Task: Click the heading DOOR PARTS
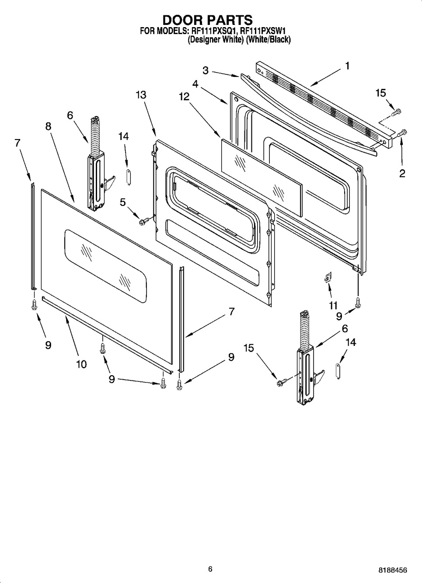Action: tap(207, 20)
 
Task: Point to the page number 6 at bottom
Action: tap(210, 569)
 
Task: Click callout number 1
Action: tap(347, 66)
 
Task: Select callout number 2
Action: tap(402, 173)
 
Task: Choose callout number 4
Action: tap(195, 84)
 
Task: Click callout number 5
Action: tap(123, 202)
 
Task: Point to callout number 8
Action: tap(48, 126)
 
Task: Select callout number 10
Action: tap(81, 364)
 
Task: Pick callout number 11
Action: tap(333, 305)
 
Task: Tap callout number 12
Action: tap(184, 96)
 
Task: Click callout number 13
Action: tap(141, 95)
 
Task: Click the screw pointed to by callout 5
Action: tap(143, 222)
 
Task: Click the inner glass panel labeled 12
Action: tap(261, 177)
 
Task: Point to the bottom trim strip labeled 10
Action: tap(105, 333)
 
